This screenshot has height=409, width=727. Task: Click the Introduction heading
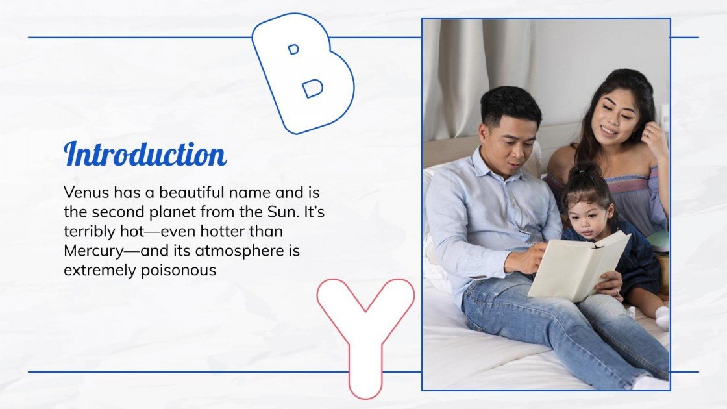[145, 153]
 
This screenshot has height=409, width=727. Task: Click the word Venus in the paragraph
[86, 192]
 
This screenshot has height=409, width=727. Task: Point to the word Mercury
[93, 251]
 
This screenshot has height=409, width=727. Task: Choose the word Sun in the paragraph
[283, 212]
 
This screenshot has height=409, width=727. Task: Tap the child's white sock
[663, 317]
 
